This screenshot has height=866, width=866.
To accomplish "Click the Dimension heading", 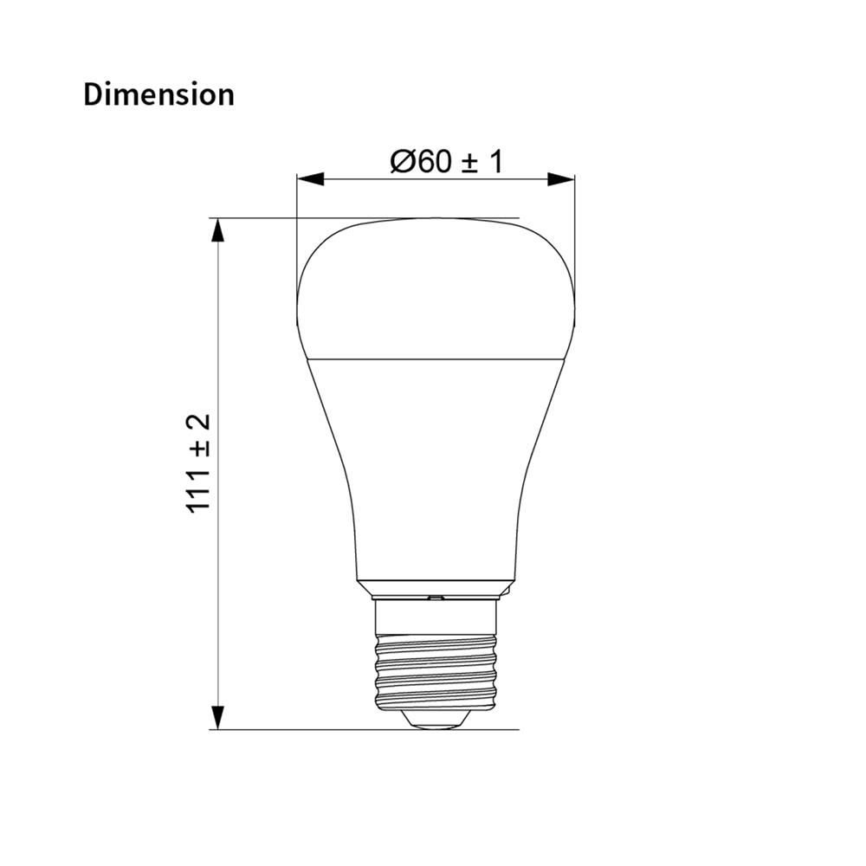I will (x=158, y=94).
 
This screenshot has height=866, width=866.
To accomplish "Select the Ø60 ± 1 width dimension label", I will (x=447, y=161).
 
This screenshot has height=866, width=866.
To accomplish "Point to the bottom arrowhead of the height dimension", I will (x=218, y=716).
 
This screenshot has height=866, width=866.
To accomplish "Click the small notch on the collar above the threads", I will (x=436, y=597).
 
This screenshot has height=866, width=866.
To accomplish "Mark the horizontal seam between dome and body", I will (x=435, y=358).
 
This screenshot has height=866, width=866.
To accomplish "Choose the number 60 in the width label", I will (x=431, y=161).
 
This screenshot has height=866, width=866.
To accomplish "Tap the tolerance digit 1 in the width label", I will (x=495, y=161).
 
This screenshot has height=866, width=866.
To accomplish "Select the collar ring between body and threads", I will (x=435, y=589).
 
